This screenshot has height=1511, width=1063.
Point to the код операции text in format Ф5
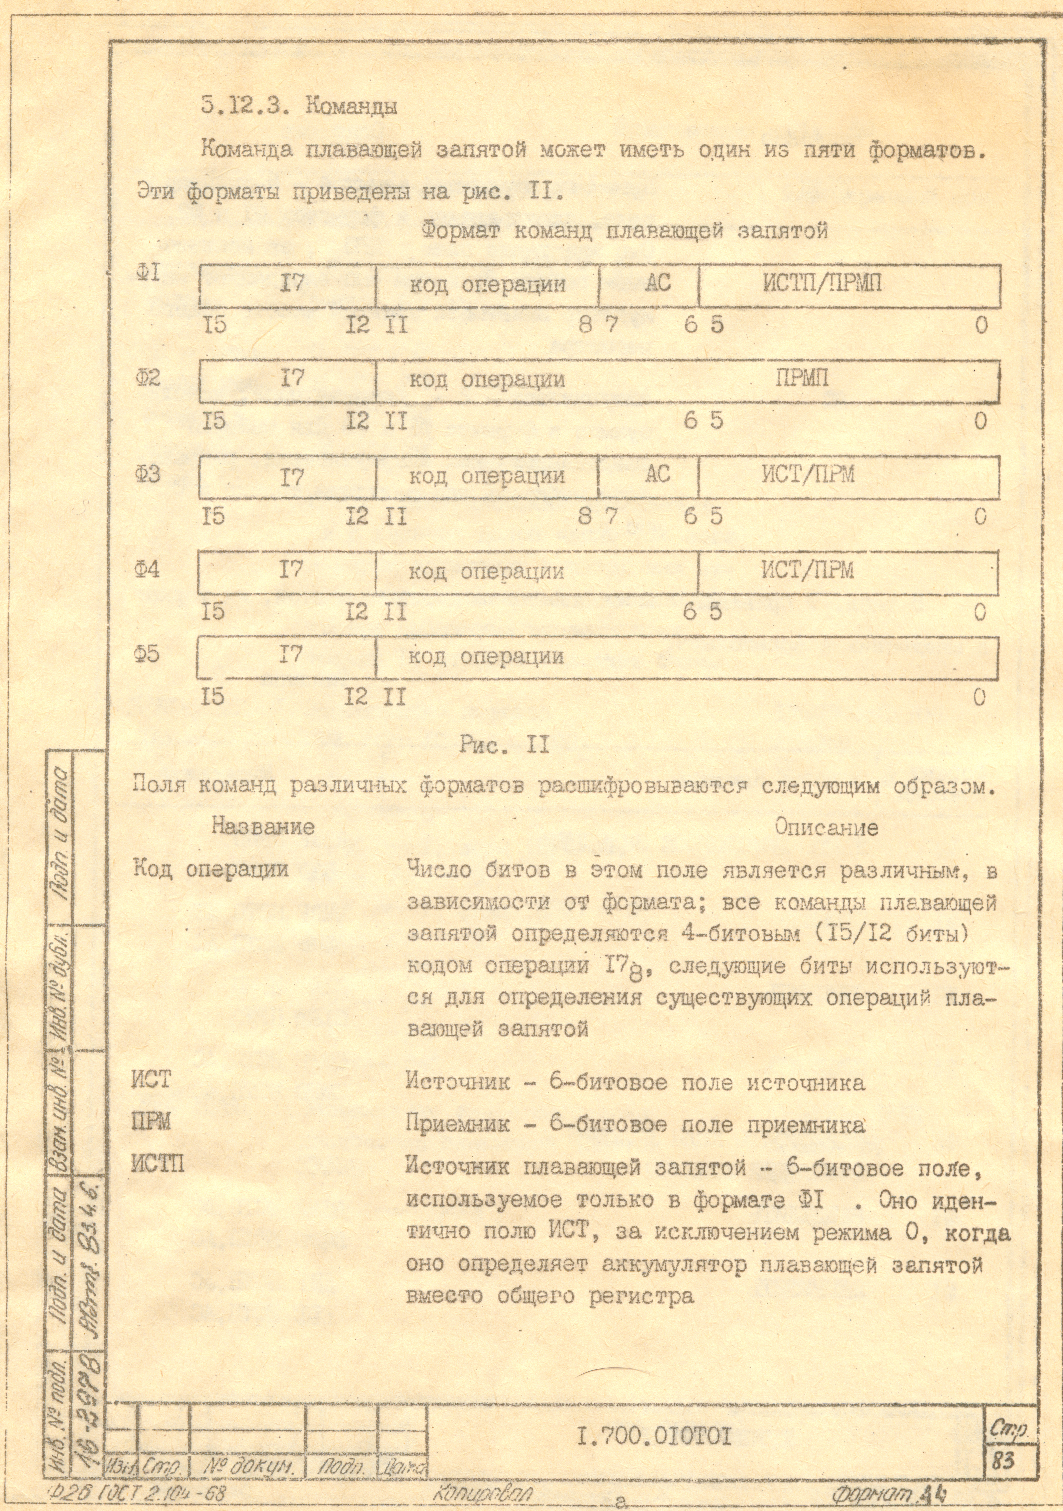[486, 656]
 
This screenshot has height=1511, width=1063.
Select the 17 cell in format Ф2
[292, 379]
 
